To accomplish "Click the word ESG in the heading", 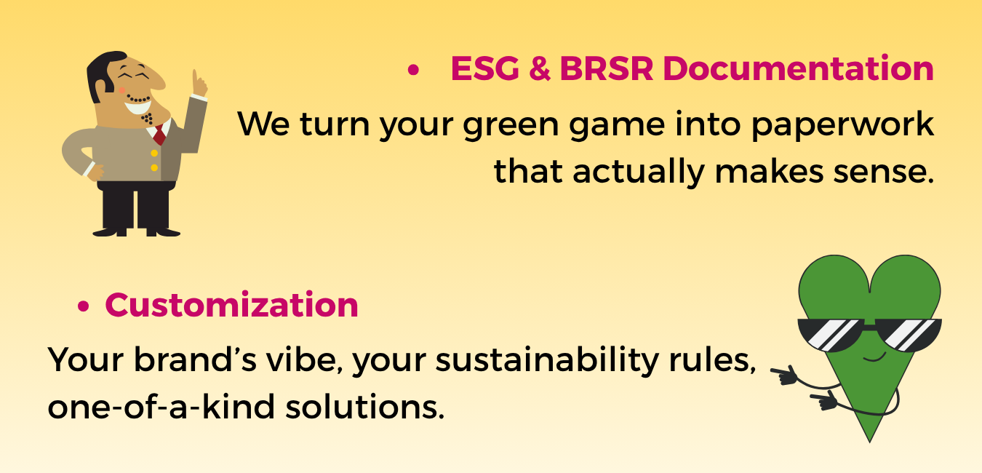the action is pyautogui.click(x=485, y=68).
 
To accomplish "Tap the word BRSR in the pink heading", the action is pyautogui.click(x=607, y=68).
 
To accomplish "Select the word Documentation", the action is pyautogui.click(x=798, y=68).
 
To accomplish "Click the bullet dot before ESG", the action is pyautogui.click(x=413, y=70).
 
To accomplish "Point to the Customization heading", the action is pyautogui.click(x=231, y=305).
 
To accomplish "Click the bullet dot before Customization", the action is pyautogui.click(x=83, y=306).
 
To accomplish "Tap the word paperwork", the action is pyautogui.click(x=842, y=126).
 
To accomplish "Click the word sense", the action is pyautogui.click(x=883, y=172).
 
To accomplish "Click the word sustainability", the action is pyautogui.click(x=547, y=360).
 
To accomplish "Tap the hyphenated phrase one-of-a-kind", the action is pyautogui.click(x=161, y=406).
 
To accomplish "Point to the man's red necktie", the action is pyautogui.click(x=159, y=134).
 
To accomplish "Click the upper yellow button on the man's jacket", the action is pyautogui.click(x=154, y=154).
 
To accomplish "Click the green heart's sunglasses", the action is pyautogui.click(x=869, y=335).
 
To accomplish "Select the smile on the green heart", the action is pyautogui.click(x=875, y=358).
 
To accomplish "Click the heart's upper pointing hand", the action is pyautogui.click(x=784, y=375).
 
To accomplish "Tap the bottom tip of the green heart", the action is pyautogui.click(x=870, y=441).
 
